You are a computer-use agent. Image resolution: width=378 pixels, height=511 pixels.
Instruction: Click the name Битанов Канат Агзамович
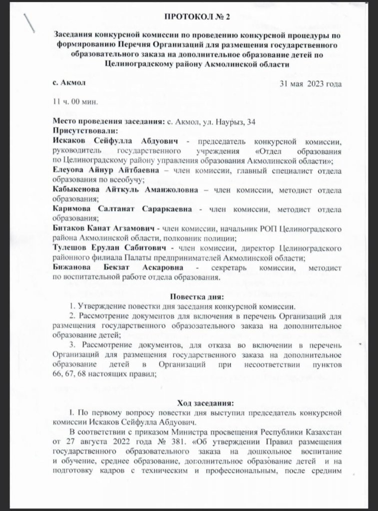[x=102, y=228]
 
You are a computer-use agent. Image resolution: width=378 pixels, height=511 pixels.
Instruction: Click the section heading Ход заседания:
[x=197, y=403]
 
